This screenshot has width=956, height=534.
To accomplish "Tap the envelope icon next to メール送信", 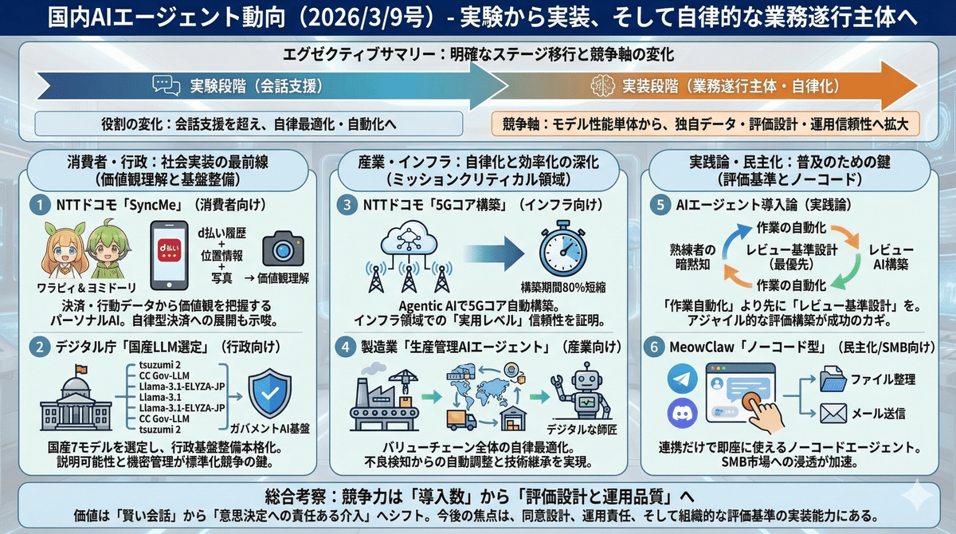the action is [x=833, y=413].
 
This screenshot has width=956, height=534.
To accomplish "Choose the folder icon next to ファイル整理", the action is [x=833, y=379].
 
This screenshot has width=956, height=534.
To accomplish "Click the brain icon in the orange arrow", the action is [x=601, y=85].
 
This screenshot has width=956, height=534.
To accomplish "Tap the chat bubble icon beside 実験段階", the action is [x=163, y=85].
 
